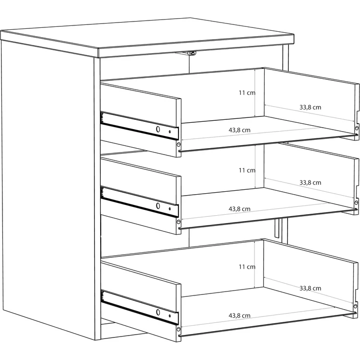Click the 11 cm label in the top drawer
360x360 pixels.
[x=247, y=93]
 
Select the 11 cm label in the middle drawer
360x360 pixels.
[x=247, y=170]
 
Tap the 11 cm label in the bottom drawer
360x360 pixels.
[x=247, y=267]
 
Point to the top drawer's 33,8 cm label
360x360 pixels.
[x=310, y=107]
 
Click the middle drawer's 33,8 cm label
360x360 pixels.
[x=310, y=182]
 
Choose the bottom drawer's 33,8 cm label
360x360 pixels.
[x=310, y=288]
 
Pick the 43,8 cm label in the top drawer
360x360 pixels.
[x=239, y=130]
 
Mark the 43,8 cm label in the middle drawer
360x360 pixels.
[x=239, y=209]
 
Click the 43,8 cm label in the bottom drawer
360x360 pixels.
[x=239, y=315]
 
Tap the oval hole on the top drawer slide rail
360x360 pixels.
[x=158, y=129]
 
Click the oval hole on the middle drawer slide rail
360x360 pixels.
[x=158, y=206]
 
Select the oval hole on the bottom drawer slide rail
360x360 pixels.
[x=158, y=312]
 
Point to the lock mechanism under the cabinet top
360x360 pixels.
[x=191, y=53]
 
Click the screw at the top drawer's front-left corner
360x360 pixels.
[x=179, y=144]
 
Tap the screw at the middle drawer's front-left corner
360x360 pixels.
[x=179, y=222]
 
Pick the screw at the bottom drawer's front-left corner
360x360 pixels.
[x=179, y=329]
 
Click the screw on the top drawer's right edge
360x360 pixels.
[x=357, y=128]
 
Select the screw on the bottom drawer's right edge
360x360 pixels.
[x=356, y=306]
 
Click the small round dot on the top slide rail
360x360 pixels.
[x=170, y=132]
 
